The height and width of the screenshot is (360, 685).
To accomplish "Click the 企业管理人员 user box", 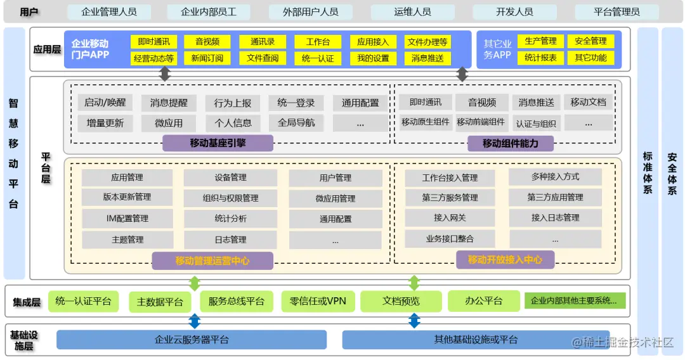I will tap(108, 12).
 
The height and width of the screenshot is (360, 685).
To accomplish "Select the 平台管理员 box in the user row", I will tap(616, 12).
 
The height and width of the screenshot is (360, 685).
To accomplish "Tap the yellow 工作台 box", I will tap(318, 42).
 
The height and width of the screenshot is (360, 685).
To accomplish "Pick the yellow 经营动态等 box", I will tap(153, 58).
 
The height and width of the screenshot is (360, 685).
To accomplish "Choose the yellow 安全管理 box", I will tap(590, 41).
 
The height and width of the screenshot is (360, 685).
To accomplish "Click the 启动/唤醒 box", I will tap(105, 103).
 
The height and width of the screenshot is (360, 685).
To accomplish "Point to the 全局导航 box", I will tap(296, 123).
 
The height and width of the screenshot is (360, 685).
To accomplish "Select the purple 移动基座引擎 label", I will tap(218, 143).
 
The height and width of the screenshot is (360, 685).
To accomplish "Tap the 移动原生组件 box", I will tap(425, 122).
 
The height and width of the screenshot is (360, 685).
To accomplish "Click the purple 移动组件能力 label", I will tap(510, 143).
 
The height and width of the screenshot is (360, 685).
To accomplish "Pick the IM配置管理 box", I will tap(127, 219).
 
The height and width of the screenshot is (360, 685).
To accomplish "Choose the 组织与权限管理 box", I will tap(230, 198).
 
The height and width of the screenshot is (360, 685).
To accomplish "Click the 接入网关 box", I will tap(450, 218).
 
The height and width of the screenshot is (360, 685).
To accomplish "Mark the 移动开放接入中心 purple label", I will tap(505, 259).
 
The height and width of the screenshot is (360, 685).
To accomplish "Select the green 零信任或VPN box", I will tap(318, 301).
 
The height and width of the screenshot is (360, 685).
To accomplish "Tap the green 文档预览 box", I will tap(401, 301).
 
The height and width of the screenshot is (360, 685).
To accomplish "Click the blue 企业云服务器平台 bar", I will tap(192, 340).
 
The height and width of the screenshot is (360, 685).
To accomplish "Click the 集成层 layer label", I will tap(27, 302).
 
